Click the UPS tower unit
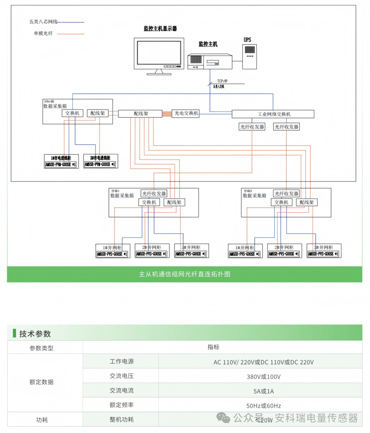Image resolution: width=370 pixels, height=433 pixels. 249,57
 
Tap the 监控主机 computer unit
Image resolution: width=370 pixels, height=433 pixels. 210,61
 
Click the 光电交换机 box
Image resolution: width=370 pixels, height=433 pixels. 186,113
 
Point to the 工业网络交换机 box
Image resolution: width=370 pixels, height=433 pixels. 273,114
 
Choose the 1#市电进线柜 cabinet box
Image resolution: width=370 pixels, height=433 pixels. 61,161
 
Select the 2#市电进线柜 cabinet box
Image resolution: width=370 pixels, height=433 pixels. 100,161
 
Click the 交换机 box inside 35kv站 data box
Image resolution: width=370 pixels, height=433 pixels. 72,113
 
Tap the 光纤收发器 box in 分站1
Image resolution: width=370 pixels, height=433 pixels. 154,194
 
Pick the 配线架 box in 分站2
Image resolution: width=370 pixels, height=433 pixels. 307,202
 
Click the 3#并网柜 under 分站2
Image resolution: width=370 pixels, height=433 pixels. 323,251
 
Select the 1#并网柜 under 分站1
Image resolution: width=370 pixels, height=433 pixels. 112,251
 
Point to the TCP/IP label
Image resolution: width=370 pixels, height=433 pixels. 222,81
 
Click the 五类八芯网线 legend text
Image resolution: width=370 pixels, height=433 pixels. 43,22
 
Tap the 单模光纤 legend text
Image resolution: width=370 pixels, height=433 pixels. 43,34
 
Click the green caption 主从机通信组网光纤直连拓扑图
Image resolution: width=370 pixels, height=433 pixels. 185,274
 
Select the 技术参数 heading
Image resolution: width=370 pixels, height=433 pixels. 35,334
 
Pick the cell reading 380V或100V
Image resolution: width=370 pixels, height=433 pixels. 263,377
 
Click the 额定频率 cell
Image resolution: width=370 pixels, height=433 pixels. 121,405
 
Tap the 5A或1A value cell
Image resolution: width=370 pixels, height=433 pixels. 263,391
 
